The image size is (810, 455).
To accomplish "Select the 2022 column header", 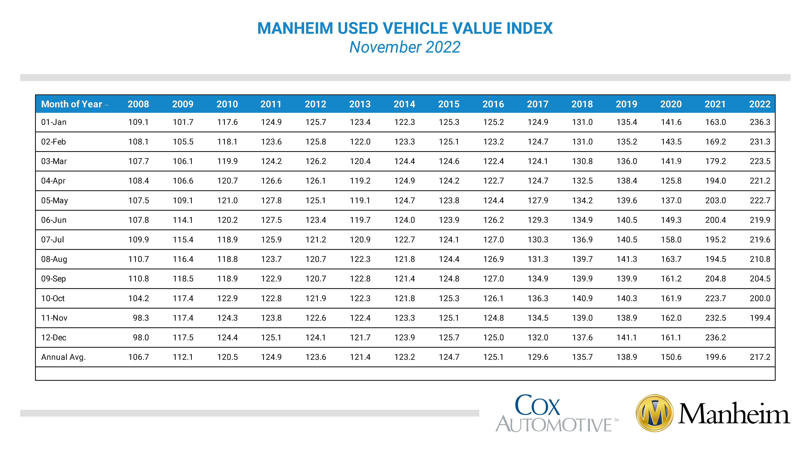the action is point(760,104).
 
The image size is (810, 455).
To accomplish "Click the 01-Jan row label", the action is point(54,122).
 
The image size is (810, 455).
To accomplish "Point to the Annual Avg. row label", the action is point(63,357).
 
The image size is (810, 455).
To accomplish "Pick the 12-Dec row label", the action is point(54,338).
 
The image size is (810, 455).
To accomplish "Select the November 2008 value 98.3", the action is point(141,318).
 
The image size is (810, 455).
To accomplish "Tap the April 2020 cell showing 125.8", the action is point(671,181).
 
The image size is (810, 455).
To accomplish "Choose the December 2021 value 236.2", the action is point(715,338).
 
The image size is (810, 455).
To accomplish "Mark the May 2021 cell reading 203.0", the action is point(715,200).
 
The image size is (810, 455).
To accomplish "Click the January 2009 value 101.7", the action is point(183,122).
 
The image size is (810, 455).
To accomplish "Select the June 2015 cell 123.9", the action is point(449,220).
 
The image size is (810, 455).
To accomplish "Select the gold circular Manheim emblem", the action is point(655,413).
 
